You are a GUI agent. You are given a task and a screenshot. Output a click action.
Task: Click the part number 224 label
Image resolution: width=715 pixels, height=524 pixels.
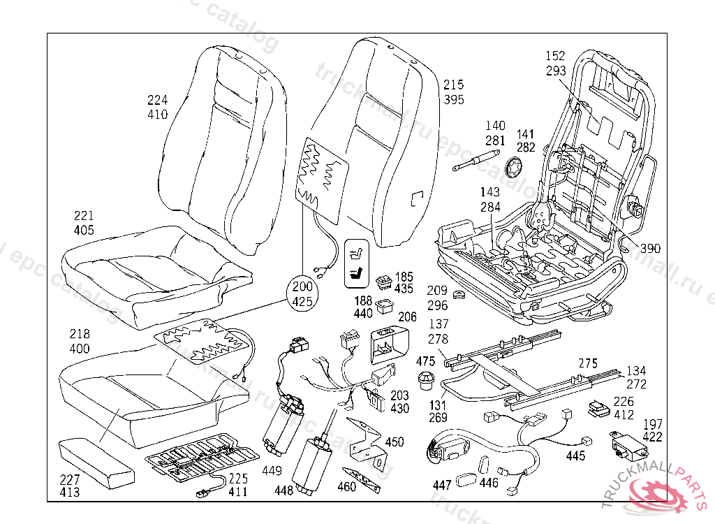[x=158, y=100]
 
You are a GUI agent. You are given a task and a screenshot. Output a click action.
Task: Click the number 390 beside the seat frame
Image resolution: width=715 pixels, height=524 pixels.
[x=650, y=248]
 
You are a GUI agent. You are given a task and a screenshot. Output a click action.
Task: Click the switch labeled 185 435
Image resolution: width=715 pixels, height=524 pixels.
[x=384, y=282]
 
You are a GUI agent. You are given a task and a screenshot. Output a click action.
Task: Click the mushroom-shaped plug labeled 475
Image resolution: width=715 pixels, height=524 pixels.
[x=425, y=381]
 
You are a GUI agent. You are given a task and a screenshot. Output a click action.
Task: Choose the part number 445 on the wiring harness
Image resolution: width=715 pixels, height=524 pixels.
[x=576, y=456]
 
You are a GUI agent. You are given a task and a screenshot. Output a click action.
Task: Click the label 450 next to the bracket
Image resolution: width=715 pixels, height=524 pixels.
[x=395, y=442]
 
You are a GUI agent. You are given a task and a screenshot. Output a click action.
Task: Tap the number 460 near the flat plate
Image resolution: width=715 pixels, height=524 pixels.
[x=347, y=486]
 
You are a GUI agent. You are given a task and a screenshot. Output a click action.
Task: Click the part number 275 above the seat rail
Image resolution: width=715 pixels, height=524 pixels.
[x=589, y=363]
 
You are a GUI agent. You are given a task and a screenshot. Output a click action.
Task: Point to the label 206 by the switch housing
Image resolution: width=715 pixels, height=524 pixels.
[x=407, y=316]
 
